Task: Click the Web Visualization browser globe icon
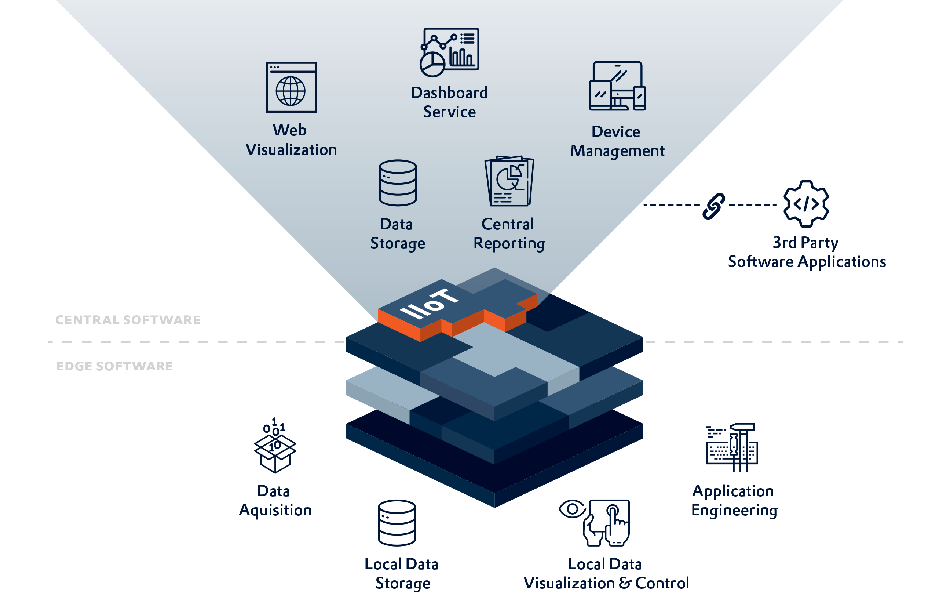tap(291, 87)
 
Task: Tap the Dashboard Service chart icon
tap(449, 52)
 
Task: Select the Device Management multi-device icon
tap(617, 86)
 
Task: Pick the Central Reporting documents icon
tap(509, 181)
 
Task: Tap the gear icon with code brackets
tap(805, 204)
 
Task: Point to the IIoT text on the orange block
tap(429, 304)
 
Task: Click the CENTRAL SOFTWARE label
tap(128, 320)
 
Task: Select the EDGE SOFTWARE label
tap(114, 366)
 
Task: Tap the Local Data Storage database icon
tap(397, 523)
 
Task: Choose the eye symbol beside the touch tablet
tap(572, 509)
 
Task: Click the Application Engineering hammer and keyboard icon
tap(731, 447)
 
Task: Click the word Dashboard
tap(449, 93)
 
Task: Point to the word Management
tap(617, 151)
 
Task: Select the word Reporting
tap(509, 244)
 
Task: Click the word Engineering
tap(734, 510)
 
